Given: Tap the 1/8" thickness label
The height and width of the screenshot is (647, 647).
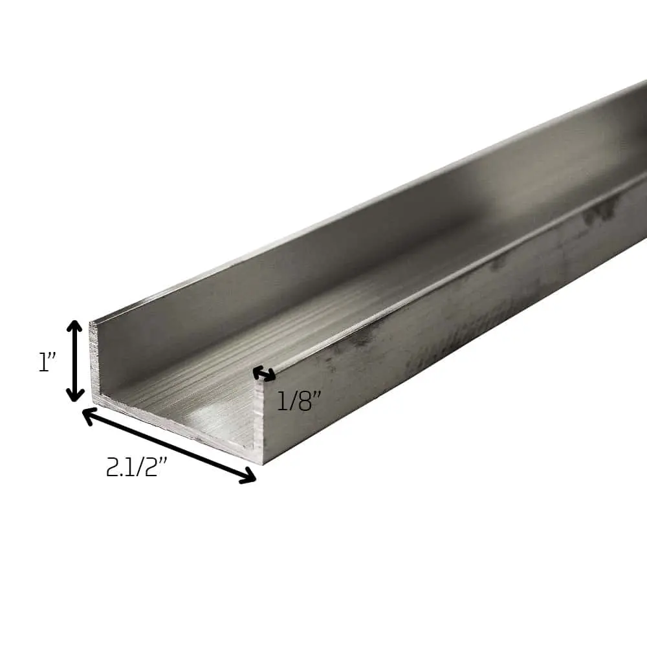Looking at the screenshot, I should (x=299, y=402).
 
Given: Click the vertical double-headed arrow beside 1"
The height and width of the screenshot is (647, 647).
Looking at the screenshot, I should (x=76, y=361).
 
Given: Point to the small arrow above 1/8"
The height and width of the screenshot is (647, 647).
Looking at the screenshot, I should (x=264, y=373).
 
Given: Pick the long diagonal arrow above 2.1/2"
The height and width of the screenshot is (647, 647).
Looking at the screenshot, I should (x=169, y=446).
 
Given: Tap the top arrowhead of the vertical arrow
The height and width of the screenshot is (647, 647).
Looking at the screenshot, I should (x=76, y=327).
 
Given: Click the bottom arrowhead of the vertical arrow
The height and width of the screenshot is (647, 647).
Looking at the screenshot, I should (x=76, y=395).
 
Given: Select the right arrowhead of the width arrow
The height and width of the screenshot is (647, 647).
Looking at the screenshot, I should (x=248, y=478).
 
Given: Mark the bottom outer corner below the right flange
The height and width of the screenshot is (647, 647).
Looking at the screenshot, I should (x=261, y=463).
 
